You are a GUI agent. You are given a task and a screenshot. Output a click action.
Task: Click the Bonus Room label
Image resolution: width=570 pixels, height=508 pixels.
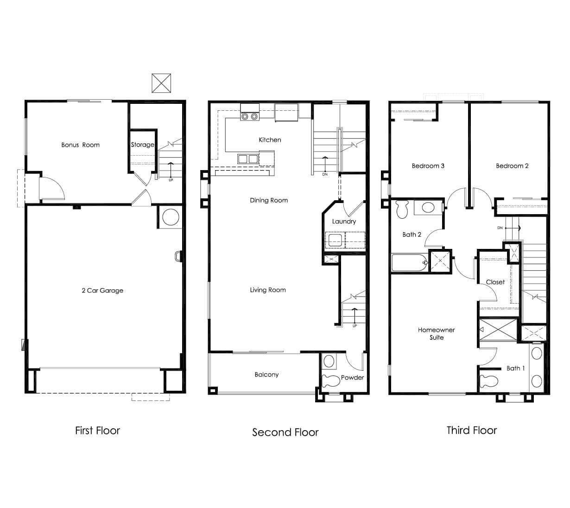tap(80, 145)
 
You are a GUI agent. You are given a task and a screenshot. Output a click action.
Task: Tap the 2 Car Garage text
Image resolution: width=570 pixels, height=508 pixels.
tap(102, 291)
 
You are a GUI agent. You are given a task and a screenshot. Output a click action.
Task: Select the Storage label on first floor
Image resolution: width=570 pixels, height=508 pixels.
tap(142, 145)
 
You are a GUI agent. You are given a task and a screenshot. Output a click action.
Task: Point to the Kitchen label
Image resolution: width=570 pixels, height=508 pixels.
tap(270, 140)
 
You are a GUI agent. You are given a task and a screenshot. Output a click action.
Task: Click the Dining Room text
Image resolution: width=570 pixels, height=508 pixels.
tap(269, 200)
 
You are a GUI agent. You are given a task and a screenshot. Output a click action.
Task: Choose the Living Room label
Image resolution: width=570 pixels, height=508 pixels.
tap(268, 290)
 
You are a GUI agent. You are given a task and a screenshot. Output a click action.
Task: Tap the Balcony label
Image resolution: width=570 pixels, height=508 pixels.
tap(266, 375)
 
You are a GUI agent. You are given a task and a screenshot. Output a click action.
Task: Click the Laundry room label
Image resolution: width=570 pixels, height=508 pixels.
tap(344, 222)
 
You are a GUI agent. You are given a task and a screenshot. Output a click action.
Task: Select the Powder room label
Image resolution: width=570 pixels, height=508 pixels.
tap(352, 377)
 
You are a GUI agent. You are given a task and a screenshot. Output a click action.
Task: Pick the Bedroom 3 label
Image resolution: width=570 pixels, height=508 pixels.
tap(428, 166)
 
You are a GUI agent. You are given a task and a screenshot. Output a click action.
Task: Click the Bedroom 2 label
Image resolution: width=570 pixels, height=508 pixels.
tap(512, 166)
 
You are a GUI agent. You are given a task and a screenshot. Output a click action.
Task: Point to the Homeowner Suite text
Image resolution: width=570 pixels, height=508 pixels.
tap(436, 334)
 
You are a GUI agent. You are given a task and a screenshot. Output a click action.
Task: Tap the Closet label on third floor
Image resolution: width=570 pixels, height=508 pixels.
tap(495, 282)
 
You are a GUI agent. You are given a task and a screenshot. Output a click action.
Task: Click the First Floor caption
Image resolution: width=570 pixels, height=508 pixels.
tap(97, 431)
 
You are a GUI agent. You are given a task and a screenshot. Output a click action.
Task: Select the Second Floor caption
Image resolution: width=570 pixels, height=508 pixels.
tap(285, 432)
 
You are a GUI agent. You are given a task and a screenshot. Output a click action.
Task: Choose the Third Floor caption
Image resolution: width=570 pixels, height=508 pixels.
tap(471, 431)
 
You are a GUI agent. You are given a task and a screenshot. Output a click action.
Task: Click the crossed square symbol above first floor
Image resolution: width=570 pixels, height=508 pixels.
tap(161, 83)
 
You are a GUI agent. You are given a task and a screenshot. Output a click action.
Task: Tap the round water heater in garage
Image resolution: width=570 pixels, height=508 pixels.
tap(170, 217)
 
